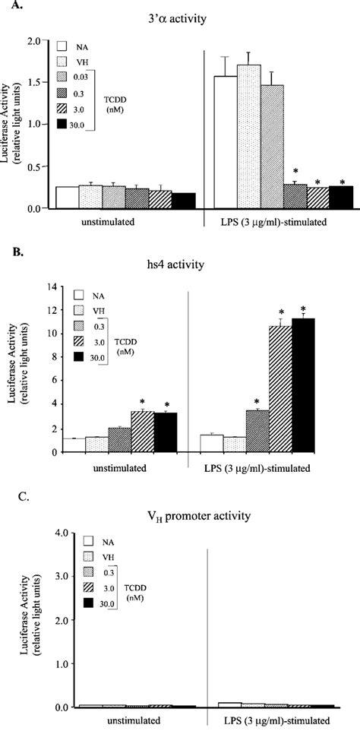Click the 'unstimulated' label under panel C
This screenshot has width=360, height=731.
(124, 719)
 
